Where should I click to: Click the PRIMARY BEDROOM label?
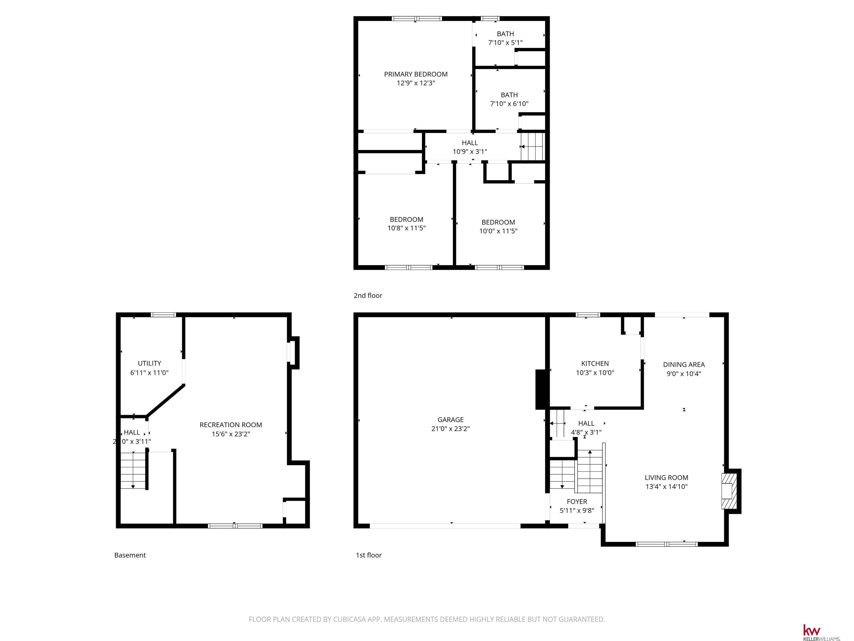pyautogui.click(x=416, y=74)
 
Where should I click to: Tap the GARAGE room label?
pyautogui.click(x=451, y=420)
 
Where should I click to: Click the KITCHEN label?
pyautogui.click(x=595, y=364)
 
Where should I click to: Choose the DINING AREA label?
pyautogui.click(x=684, y=365)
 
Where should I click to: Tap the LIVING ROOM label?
pyautogui.click(x=666, y=478)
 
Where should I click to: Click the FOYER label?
pyautogui.click(x=577, y=502)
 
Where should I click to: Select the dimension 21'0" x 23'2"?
pyautogui.click(x=451, y=428)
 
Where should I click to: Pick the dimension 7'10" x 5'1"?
pyautogui.click(x=505, y=43)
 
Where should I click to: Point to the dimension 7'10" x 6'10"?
pyautogui.click(x=509, y=103)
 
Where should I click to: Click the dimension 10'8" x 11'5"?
pyautogui.click(x=406, y=228)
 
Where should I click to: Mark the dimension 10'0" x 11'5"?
pyautogui.click(x=498, y=231)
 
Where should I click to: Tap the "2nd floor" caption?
pyautogui.click(x=368, y=295)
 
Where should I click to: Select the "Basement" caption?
pyautogui.click(x=130, y=555)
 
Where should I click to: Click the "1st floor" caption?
pyautogui.click(x=369, y=555)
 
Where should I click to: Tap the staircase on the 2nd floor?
pyautogui.click(x=532, y=146)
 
